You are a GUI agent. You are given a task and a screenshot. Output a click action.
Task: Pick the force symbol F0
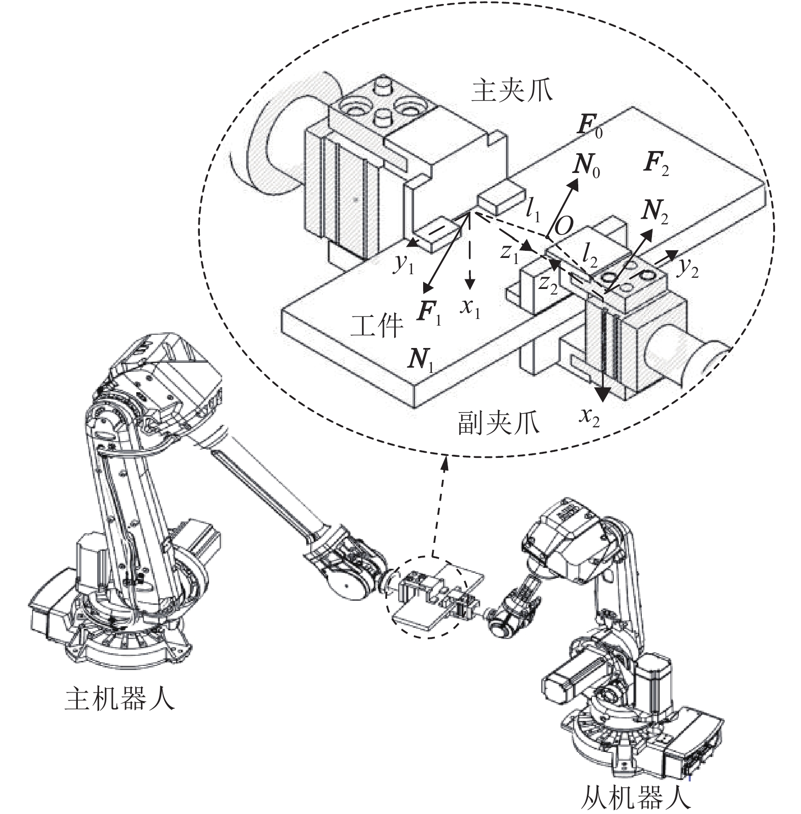590,127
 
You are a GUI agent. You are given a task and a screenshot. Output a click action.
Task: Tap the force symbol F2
656,164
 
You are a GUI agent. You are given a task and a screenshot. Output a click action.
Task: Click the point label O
564,226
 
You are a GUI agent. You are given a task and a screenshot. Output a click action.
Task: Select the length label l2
590,253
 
